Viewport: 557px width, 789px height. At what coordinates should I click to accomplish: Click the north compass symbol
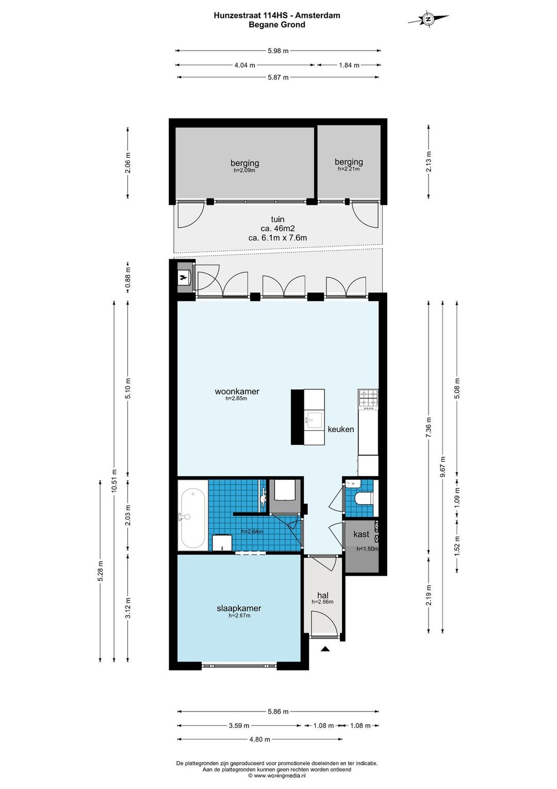(428, 19)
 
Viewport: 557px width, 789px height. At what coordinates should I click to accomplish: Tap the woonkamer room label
(237, 391)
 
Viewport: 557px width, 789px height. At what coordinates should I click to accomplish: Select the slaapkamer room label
(239, 608)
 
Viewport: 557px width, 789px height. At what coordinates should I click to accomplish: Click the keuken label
(340, 429)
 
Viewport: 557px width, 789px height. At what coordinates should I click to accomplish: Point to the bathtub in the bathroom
(193, 515)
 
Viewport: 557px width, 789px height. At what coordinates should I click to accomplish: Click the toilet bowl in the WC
(363, 499)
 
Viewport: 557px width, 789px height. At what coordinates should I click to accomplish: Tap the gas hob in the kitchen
(368, 400)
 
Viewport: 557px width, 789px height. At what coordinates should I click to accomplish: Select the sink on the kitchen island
(314, 420)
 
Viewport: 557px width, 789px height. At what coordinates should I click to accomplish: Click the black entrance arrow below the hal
(325, 649)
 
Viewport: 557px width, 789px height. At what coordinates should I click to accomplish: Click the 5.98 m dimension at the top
(278, 51)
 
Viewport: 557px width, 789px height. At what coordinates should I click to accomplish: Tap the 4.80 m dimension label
(259, 739)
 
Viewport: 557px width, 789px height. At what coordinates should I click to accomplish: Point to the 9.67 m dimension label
(443, 467)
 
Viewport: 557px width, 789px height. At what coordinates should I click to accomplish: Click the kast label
(362, 533)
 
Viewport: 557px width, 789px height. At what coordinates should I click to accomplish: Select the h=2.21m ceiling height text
(349, 169)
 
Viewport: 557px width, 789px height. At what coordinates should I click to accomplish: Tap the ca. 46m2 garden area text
(277, 229)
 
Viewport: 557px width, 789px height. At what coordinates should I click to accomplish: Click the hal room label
(323, 595)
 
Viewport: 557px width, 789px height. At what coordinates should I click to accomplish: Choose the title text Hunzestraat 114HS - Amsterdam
(277, 15)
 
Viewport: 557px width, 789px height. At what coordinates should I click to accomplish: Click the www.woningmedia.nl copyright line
(276, 775)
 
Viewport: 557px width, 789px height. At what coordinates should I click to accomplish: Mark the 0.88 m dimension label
(128, 277)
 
